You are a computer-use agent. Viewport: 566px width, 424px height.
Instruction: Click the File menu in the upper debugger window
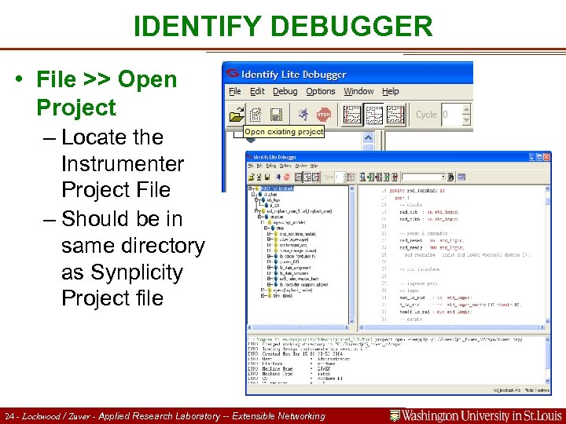click(234, 91)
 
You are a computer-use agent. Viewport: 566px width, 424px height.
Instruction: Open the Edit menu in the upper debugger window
click(257, 91)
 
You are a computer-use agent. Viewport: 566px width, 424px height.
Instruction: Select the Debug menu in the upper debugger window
click(285, 91)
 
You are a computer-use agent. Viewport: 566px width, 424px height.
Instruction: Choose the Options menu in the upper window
click(321, 91)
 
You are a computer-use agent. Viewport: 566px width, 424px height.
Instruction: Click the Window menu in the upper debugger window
click(358, 91)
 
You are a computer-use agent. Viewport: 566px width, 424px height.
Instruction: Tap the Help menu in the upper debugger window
click(391, 91)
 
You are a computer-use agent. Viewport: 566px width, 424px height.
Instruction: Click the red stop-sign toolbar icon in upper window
click(322, 115)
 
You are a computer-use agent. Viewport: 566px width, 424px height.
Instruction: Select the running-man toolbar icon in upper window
click(303, 115)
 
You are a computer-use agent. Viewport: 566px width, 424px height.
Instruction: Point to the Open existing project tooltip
click(284, 132)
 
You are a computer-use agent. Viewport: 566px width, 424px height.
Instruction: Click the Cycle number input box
click(455, 115)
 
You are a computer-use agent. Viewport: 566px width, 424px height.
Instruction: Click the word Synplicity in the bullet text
click(133, 272)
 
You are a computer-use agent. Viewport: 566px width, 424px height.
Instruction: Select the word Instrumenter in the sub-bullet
click(122, 164)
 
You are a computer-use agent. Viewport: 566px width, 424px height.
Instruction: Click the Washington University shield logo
click(396, 415)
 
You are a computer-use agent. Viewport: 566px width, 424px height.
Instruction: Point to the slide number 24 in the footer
click(9, 416)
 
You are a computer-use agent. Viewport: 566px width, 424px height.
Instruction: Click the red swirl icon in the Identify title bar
click(232, 74)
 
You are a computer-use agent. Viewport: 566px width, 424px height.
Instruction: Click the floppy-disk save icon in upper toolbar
click(277, 115)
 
